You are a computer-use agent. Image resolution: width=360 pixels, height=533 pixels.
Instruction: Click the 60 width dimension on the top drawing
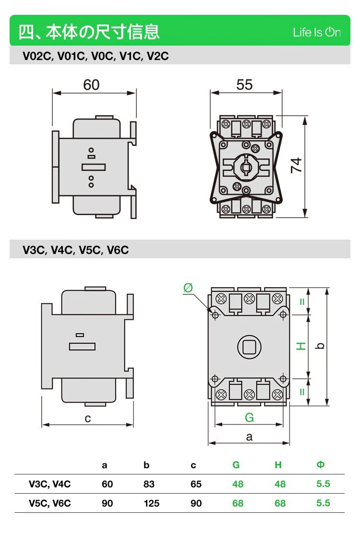[x=91, y=85]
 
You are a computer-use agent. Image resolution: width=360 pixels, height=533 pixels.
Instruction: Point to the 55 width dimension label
[x=244, y=85]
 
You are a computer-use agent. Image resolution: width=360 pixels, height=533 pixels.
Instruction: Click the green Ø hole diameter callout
[x=188, y=288]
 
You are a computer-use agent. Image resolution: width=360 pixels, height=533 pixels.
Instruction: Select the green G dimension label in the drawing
[x=249, y=417]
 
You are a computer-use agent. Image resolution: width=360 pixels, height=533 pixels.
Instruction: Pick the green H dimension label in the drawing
[x=301, y=346]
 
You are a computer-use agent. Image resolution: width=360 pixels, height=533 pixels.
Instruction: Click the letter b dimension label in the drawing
[x=321, y=346]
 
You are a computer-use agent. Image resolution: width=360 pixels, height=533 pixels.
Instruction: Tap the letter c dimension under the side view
[x=88, y=418]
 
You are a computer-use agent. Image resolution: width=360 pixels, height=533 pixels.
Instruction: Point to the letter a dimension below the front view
[x=249, y=436]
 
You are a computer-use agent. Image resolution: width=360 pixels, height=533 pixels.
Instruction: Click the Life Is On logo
[x=317, y=32]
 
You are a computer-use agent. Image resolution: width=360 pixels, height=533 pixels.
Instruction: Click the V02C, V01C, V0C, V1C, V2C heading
[x=96, y=56]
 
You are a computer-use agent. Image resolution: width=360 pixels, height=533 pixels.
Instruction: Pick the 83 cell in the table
[x=149, y=484]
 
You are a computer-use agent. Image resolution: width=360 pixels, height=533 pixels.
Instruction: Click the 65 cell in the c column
[x=196, y=484]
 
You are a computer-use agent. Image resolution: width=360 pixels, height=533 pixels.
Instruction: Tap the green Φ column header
[x=321, y=465]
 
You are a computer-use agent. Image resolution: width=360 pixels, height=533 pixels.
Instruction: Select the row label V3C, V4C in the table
[x=49, y=484]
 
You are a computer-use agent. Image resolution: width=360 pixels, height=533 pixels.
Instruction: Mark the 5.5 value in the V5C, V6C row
[x=323, y=503]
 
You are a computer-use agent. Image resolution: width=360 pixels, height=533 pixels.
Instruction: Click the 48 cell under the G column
[x=238, y=484]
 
